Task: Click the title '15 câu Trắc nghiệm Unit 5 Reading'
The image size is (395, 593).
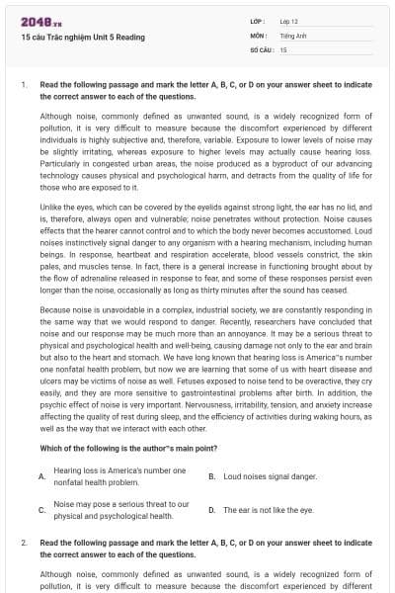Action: click(x=82, y=38)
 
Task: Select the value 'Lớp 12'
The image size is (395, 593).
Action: click(x=289, y=21)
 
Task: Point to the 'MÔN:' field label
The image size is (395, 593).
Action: click(x=258, y=35)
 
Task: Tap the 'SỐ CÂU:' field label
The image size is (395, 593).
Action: click(x=261, y=48)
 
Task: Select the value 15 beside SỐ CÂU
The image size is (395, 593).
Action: click(x=283, y=48)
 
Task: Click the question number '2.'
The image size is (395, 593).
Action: click(x=24, y=543)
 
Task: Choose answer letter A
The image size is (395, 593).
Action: click(x=40, y=476)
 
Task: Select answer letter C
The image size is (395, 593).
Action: click(x=40, y=510)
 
